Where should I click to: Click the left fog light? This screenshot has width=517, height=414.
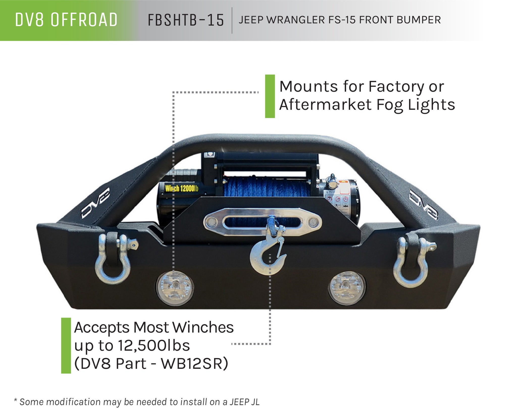click(175, 288)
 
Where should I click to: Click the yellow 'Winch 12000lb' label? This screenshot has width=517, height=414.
click(181, 188)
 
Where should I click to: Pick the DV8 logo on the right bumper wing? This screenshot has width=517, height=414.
click(423, 204)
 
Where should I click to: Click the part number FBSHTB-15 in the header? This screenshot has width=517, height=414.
click(186, 20)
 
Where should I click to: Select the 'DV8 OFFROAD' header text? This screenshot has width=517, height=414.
click(66, 20)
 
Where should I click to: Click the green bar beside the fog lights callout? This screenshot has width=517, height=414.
click(270, 96)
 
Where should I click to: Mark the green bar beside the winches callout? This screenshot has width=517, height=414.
click(66, 346)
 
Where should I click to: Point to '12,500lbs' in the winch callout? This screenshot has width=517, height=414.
click(154, 346)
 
